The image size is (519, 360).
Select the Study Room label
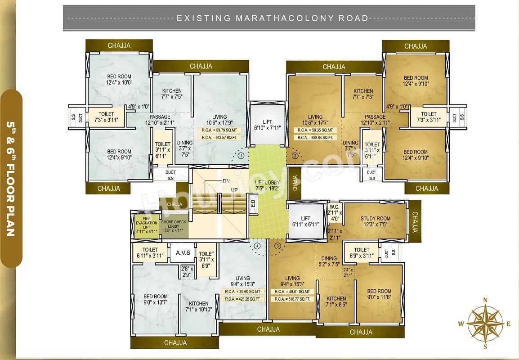[x=375, y=222]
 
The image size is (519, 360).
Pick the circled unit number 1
[x=241, y=156]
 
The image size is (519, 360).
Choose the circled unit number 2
[x=295, y=156]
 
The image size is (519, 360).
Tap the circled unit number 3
[x=277, y=246]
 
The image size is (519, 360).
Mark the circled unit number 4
[x=257, y=246]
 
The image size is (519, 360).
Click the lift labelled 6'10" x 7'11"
[x=267, y=124]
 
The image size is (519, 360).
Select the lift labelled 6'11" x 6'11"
[x=305, y=221]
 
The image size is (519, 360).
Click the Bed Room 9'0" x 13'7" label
[x=155, y=300]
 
